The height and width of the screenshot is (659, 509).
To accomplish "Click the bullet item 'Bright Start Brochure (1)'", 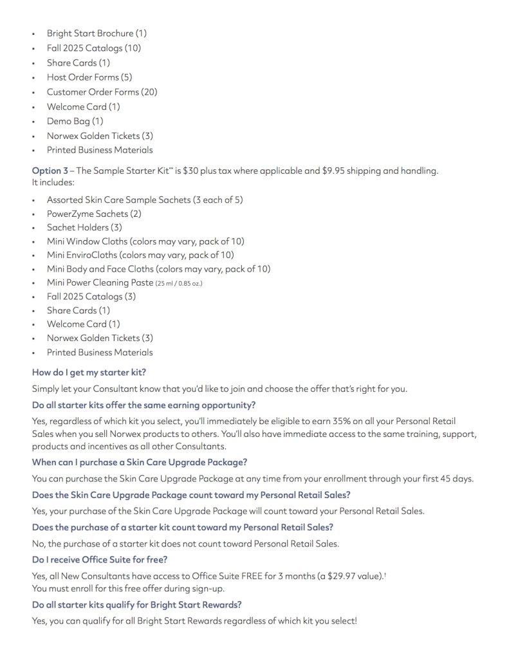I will click(97, 33).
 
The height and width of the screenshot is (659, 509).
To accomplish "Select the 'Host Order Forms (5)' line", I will click(89, 77).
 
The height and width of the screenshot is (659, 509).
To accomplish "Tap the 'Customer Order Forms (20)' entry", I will click(102, 92).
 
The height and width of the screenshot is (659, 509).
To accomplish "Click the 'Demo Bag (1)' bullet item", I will click(75, 121).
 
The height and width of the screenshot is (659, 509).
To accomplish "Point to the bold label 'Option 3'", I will click(50, 171).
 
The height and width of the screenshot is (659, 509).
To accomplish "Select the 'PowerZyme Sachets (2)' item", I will click(94, 214).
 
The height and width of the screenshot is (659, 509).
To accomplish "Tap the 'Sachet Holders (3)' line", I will click(84, 227).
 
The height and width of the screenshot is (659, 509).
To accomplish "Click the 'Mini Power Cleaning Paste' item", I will click(100, 283).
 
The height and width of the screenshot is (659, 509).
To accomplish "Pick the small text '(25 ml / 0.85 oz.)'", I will click(179, 283).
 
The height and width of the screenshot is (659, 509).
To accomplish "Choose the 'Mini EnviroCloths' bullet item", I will click(140, 255).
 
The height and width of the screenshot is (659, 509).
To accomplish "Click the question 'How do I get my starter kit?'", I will click(93, 372).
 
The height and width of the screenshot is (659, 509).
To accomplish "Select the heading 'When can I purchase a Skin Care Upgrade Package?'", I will click(140, 462).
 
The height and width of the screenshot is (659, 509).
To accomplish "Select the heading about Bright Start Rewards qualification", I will click(146, 605).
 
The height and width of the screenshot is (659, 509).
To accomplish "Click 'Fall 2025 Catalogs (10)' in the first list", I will click(94, 48).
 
